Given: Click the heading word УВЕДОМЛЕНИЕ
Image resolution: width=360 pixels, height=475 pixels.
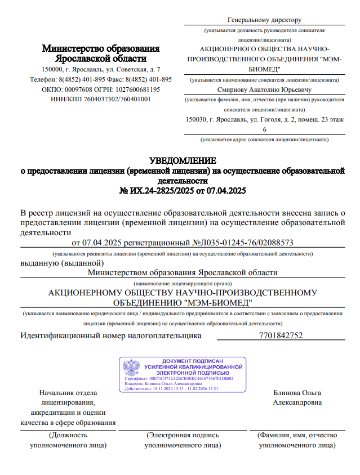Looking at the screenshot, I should (182, 161).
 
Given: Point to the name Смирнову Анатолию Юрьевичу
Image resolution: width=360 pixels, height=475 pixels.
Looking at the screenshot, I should (264, 89).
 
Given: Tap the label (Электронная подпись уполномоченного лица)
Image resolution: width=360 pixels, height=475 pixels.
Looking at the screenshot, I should (183, 440).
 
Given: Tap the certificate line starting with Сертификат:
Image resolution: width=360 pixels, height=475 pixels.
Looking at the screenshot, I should (178, 379).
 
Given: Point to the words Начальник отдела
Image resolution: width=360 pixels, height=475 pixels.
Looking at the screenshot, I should (68, 393).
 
